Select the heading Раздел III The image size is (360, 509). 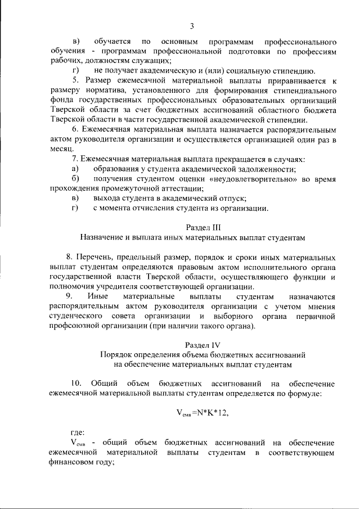point(191,227)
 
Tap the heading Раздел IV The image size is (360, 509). point(191,344)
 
